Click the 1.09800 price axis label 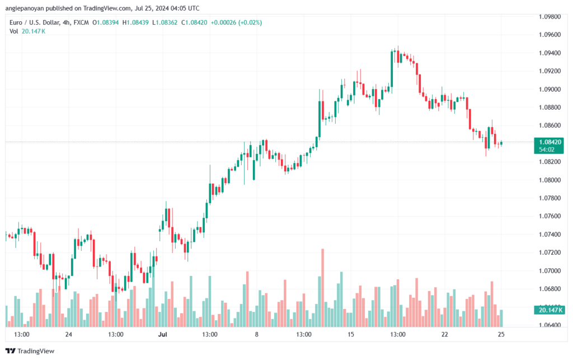coord(549,17)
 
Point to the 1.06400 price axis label coord(549,325)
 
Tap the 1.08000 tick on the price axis coord(549,180)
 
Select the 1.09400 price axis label coord(549,53)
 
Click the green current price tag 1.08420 coord(548,142)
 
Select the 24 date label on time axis coord(69,334)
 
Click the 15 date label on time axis coord(351,334)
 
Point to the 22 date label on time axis coord(445,334)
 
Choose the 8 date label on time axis coord(257,334)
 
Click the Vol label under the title coord(14,31)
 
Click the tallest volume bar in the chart coord(323,288)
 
